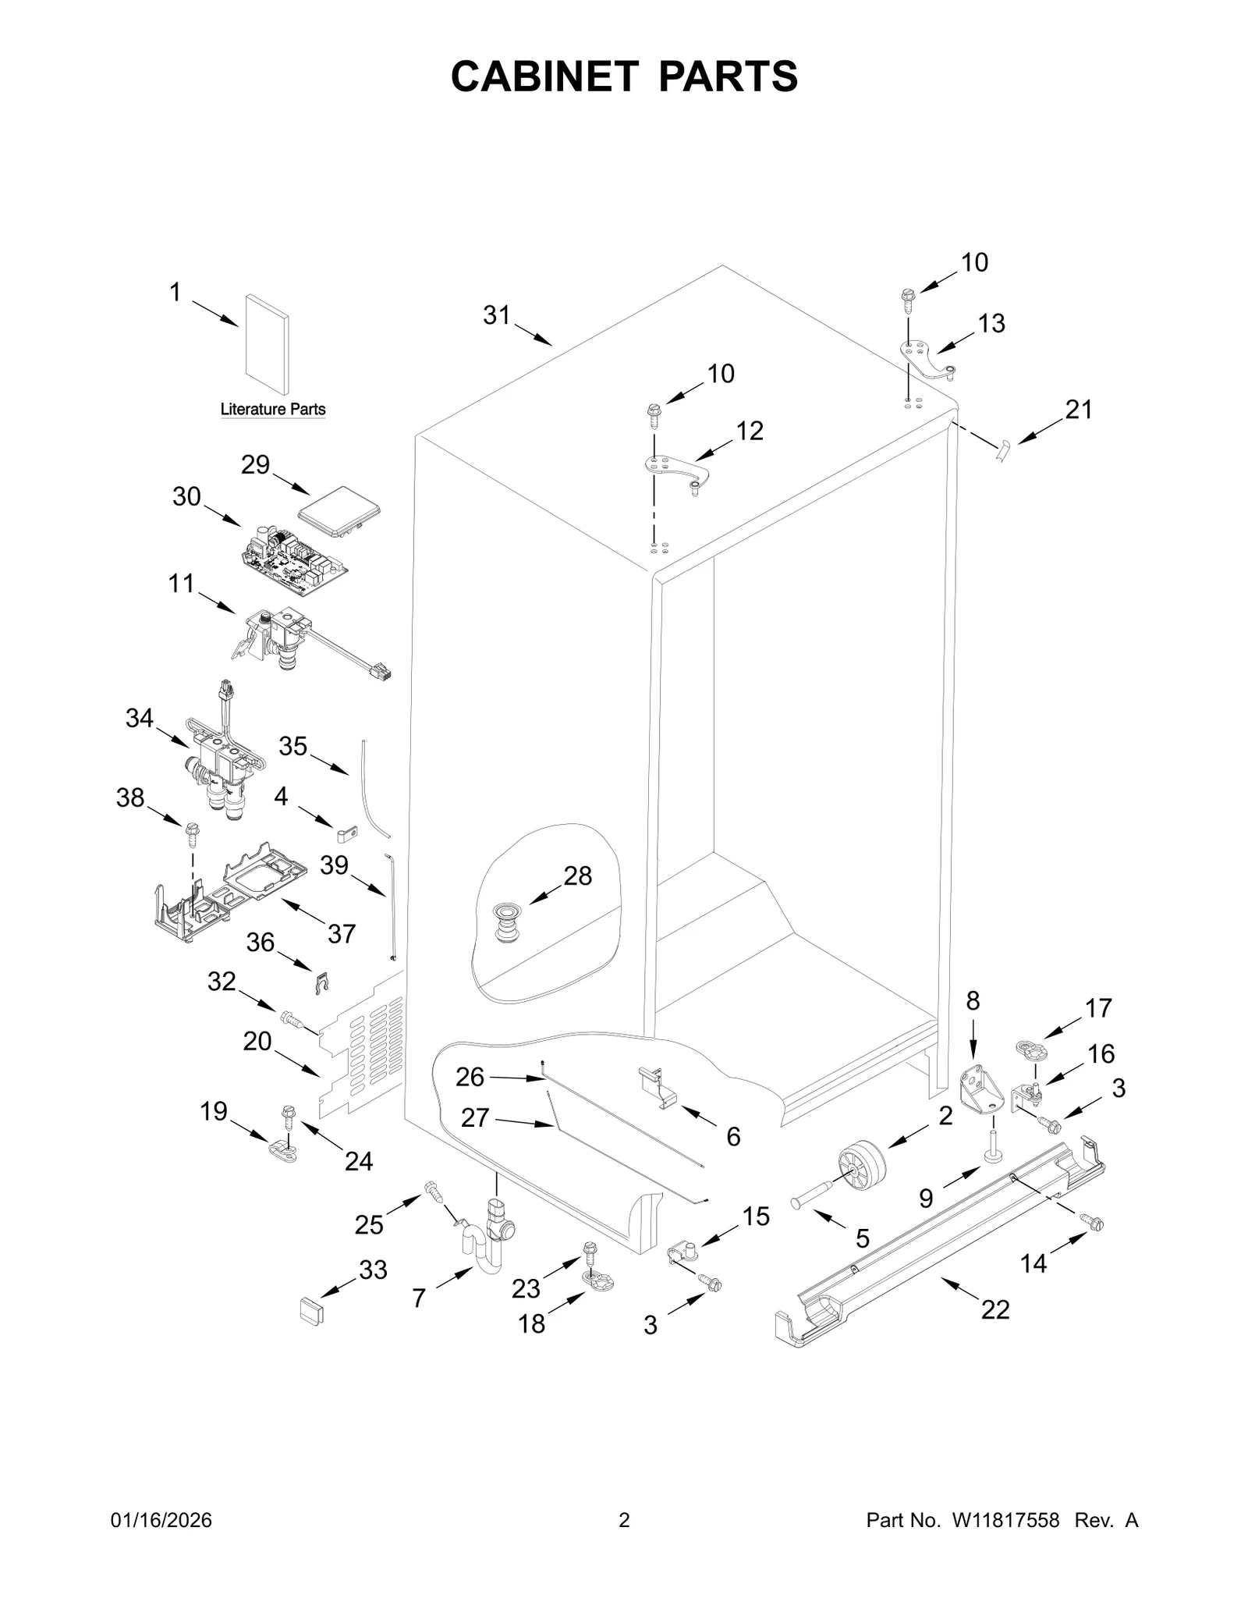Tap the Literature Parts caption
(x=272, y=409)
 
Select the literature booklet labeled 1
(x=267, y=344)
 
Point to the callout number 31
(x=496, y=315)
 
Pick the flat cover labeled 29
(x=339, y=511)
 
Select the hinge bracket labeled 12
(x=677, y=471)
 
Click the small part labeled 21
(x=1003, y=450)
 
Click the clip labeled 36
(x=321, y=984)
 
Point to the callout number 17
(x=1097, y=1008)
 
